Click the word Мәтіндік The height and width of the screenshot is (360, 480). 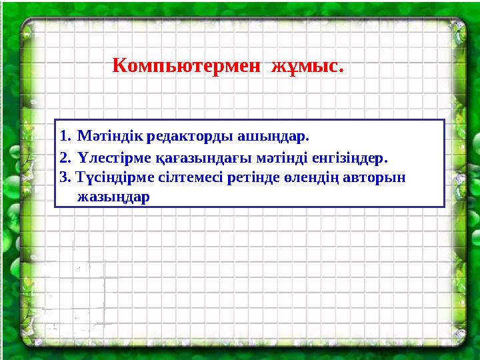[x=108, y=137]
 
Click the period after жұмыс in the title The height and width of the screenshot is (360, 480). [x=342, y=70]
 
